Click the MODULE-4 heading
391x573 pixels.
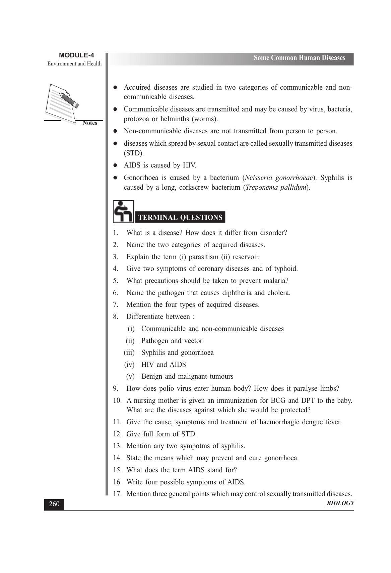click(x=76, y=55)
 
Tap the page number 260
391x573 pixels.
click(x=54, y=504)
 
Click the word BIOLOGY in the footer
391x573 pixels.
click(x=340, y=503)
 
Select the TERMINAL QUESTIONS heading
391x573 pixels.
click(x=180, y=218)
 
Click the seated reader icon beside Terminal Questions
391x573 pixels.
click(x=123, y=211)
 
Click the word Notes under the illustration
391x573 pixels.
click(x=90, y=123)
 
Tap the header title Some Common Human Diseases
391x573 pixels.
click(x=299, y=58)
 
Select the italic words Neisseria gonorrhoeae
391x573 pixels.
click(x=279, y=178)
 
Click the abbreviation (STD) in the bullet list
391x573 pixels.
click(x=134, y=153)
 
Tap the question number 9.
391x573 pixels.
click(x=116, y=389)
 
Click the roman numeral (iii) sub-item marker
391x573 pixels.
click(x=129, y=353)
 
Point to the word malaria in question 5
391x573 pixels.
click(x=275, y=281)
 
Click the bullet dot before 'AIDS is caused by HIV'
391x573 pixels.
click(x=115, y=165)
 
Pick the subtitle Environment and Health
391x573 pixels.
click(x=74, y=64)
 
